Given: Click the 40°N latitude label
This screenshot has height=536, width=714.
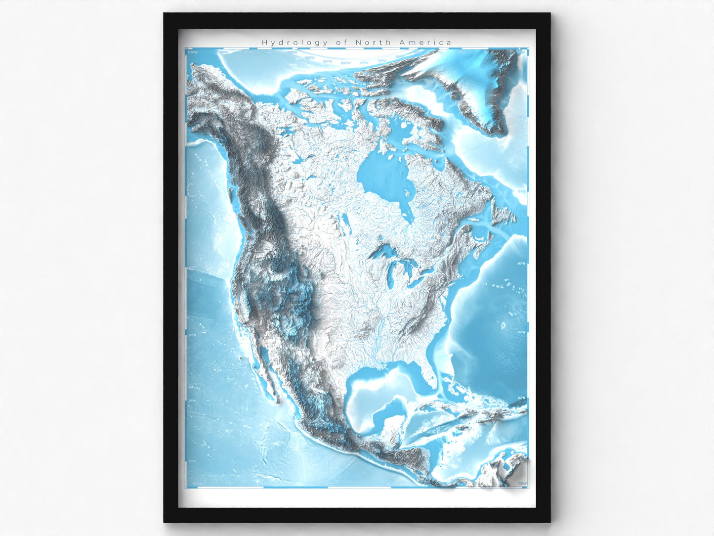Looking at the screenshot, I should (x=520, y=264).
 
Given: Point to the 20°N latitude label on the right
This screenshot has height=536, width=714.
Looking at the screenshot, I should (x=520, y=398).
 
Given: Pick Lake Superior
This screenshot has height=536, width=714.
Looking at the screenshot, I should (x=383, y=253).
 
